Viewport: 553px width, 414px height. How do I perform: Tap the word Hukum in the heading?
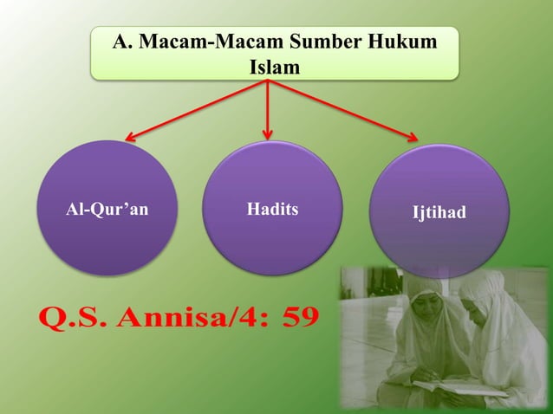[x=403, y=42]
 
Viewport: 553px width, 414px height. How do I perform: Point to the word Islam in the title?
[x=275, y=66]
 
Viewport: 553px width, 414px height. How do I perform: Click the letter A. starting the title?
[x=122, y=42]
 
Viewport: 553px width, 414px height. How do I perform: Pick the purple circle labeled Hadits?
[x=271, y=208]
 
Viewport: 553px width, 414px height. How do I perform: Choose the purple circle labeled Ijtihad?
[x=439, y=211]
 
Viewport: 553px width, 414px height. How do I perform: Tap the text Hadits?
[x=272, y=209]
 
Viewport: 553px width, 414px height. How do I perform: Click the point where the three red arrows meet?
[x=268, y=81]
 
